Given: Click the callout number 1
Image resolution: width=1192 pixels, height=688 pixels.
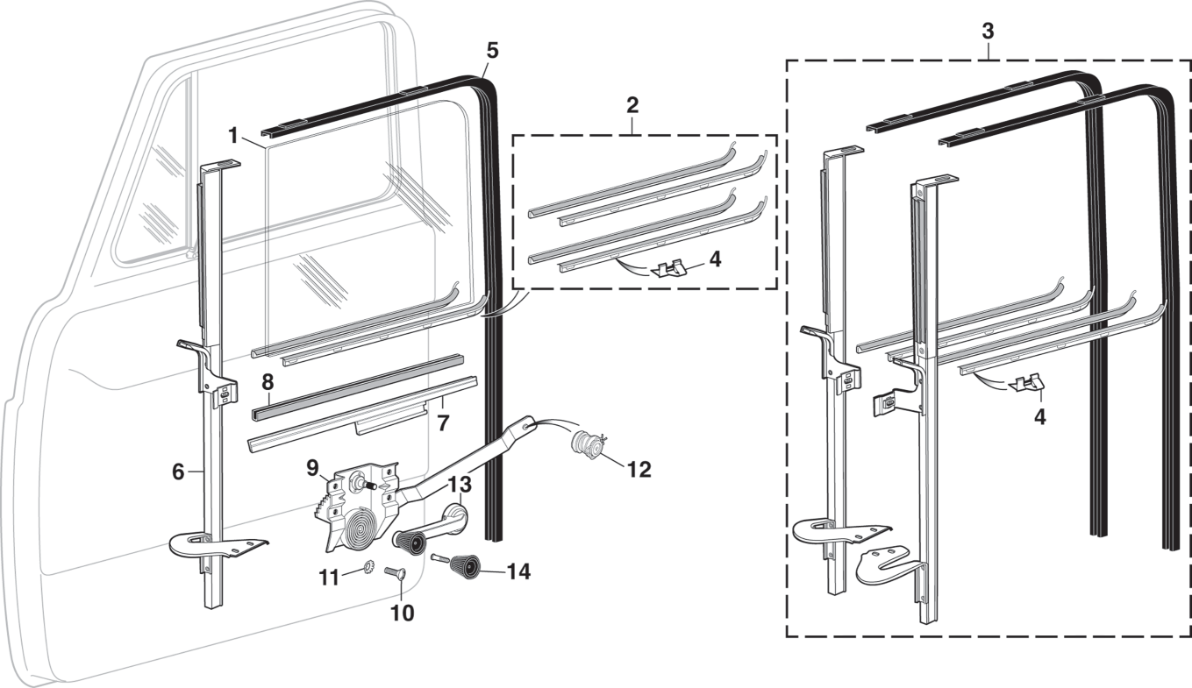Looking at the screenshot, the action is [x=232, y=136].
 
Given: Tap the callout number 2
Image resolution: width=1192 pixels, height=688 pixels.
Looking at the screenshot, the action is [x=632, y=105].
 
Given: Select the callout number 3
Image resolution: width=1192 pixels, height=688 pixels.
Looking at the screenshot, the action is [x=987, y=32].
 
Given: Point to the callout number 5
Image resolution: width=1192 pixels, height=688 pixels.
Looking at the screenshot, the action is [x=492, y=51].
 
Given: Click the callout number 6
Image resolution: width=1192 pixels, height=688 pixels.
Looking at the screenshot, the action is [x=178, y=471].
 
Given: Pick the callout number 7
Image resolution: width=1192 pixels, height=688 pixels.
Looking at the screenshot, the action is [x=443, y=422].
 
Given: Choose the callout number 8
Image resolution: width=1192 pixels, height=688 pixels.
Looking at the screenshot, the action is [x=268, y=382].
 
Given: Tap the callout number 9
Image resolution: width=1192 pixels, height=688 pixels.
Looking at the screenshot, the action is [x=312, y=467].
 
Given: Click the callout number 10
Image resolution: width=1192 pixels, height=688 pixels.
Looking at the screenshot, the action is [x=402, y=613].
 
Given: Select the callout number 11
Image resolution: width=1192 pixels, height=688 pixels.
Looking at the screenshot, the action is [x=329, y=578].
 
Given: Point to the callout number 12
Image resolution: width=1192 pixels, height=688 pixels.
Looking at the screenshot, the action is [x=639, y=469].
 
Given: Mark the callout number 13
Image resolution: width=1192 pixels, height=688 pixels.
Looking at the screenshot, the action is [x=460, y=485].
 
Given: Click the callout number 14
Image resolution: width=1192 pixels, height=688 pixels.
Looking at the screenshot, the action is [x=518, y=571].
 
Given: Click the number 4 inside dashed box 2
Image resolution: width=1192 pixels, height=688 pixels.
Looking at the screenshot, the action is [x=714, y=259].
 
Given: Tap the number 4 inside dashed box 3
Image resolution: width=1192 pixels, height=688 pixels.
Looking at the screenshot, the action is [x=1039, y=417].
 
